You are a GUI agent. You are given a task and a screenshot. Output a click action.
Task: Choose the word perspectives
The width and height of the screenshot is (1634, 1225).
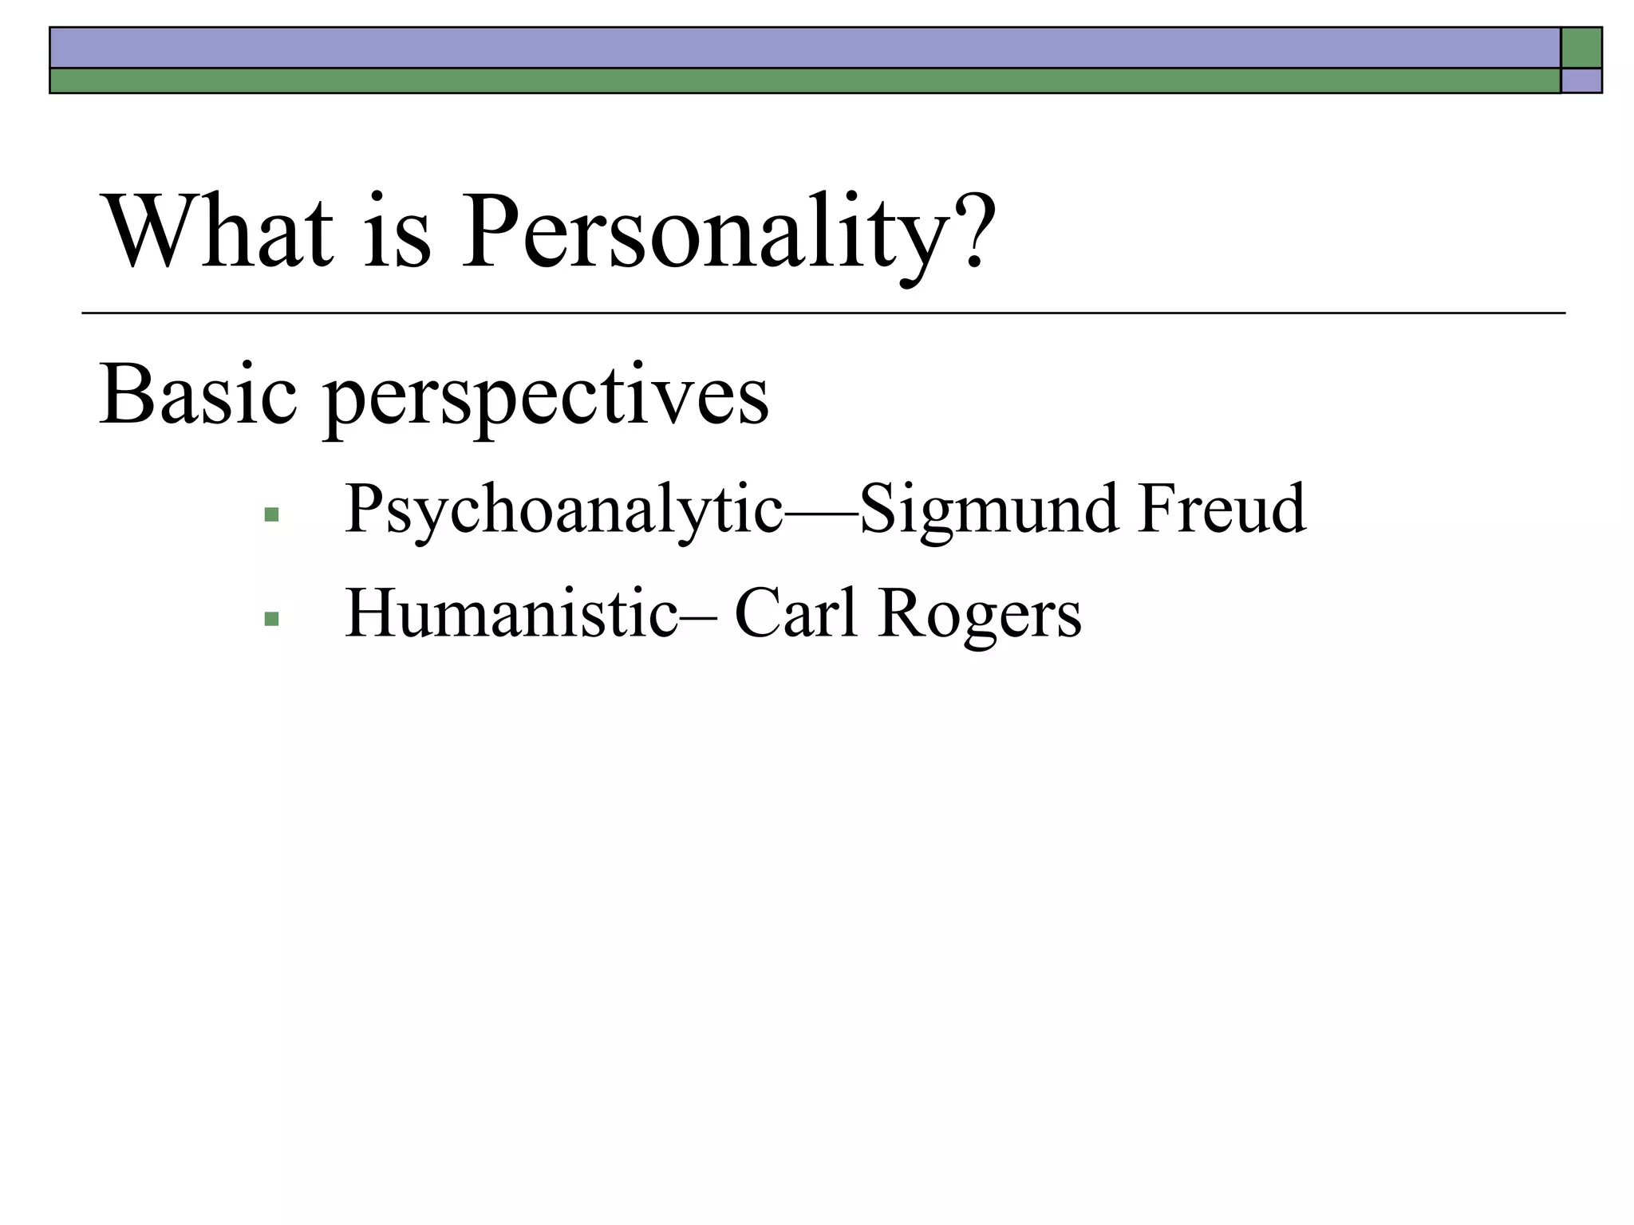coord(546,399)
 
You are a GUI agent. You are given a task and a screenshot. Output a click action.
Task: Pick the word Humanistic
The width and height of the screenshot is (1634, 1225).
coord(511,613)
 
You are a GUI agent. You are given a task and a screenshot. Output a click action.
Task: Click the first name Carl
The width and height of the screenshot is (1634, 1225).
coord(795,613)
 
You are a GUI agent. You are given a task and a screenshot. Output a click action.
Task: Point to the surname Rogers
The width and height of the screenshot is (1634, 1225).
coord(979,615)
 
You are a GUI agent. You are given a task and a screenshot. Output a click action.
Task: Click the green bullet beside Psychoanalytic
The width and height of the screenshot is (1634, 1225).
coord(271,514)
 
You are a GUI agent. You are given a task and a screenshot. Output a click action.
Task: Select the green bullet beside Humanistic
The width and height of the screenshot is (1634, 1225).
coord(271,618)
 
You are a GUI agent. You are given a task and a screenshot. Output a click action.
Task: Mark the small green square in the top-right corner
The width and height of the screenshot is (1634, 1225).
coord(1581,48)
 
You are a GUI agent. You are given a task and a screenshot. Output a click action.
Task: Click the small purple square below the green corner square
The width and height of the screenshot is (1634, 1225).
coord(1581,81)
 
